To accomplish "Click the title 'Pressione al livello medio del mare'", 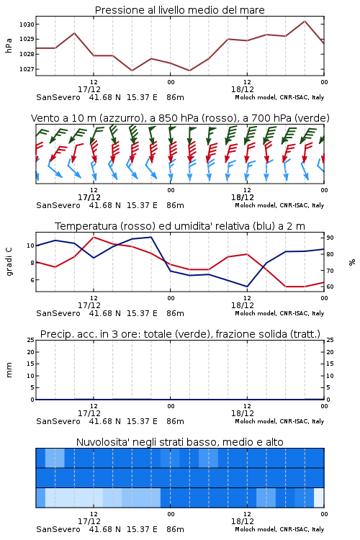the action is coord(179,10).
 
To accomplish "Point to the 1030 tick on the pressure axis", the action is coord(27,24).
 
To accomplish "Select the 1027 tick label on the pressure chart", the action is coord(27,69).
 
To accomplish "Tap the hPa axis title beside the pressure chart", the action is coord(9,45).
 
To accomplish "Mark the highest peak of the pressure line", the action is coord(305,21).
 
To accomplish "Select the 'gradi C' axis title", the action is coord(9,261).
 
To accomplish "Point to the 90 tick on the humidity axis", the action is coord(330,238).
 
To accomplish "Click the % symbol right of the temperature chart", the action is coord(352,262).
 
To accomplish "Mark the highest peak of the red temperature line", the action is coord(94,237).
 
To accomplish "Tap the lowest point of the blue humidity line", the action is coord(247,287).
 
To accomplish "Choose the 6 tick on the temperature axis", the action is coord(32,280).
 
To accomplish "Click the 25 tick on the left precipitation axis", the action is coord(31,340).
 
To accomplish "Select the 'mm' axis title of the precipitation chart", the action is coord(9,370).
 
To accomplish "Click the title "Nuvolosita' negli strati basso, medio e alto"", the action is coord(179,442).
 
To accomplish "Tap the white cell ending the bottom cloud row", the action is coord(319,498).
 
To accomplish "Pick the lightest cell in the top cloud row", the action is coord(55,458).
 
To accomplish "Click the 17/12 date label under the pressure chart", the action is coord(89,89).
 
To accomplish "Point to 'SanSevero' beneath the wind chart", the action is coord(58,206).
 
